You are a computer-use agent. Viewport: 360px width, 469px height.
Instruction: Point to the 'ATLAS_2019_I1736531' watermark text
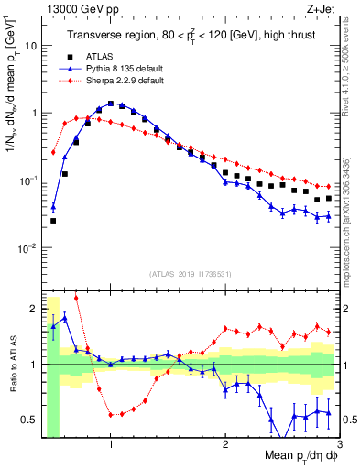point(190,273)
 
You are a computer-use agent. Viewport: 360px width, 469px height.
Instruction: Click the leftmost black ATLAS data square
point(53,221)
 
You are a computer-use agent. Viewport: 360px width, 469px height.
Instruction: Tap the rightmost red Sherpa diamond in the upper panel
point(329,186)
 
